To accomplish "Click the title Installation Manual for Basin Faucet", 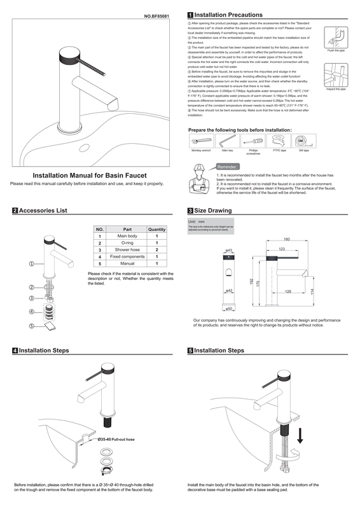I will [x=90, y=175].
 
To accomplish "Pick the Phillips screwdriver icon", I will [x=253, y=140].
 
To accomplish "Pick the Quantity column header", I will [x=156, y=229].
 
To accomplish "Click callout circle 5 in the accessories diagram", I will [x=23, y=326].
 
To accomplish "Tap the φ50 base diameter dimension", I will [x=229, y=309].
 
